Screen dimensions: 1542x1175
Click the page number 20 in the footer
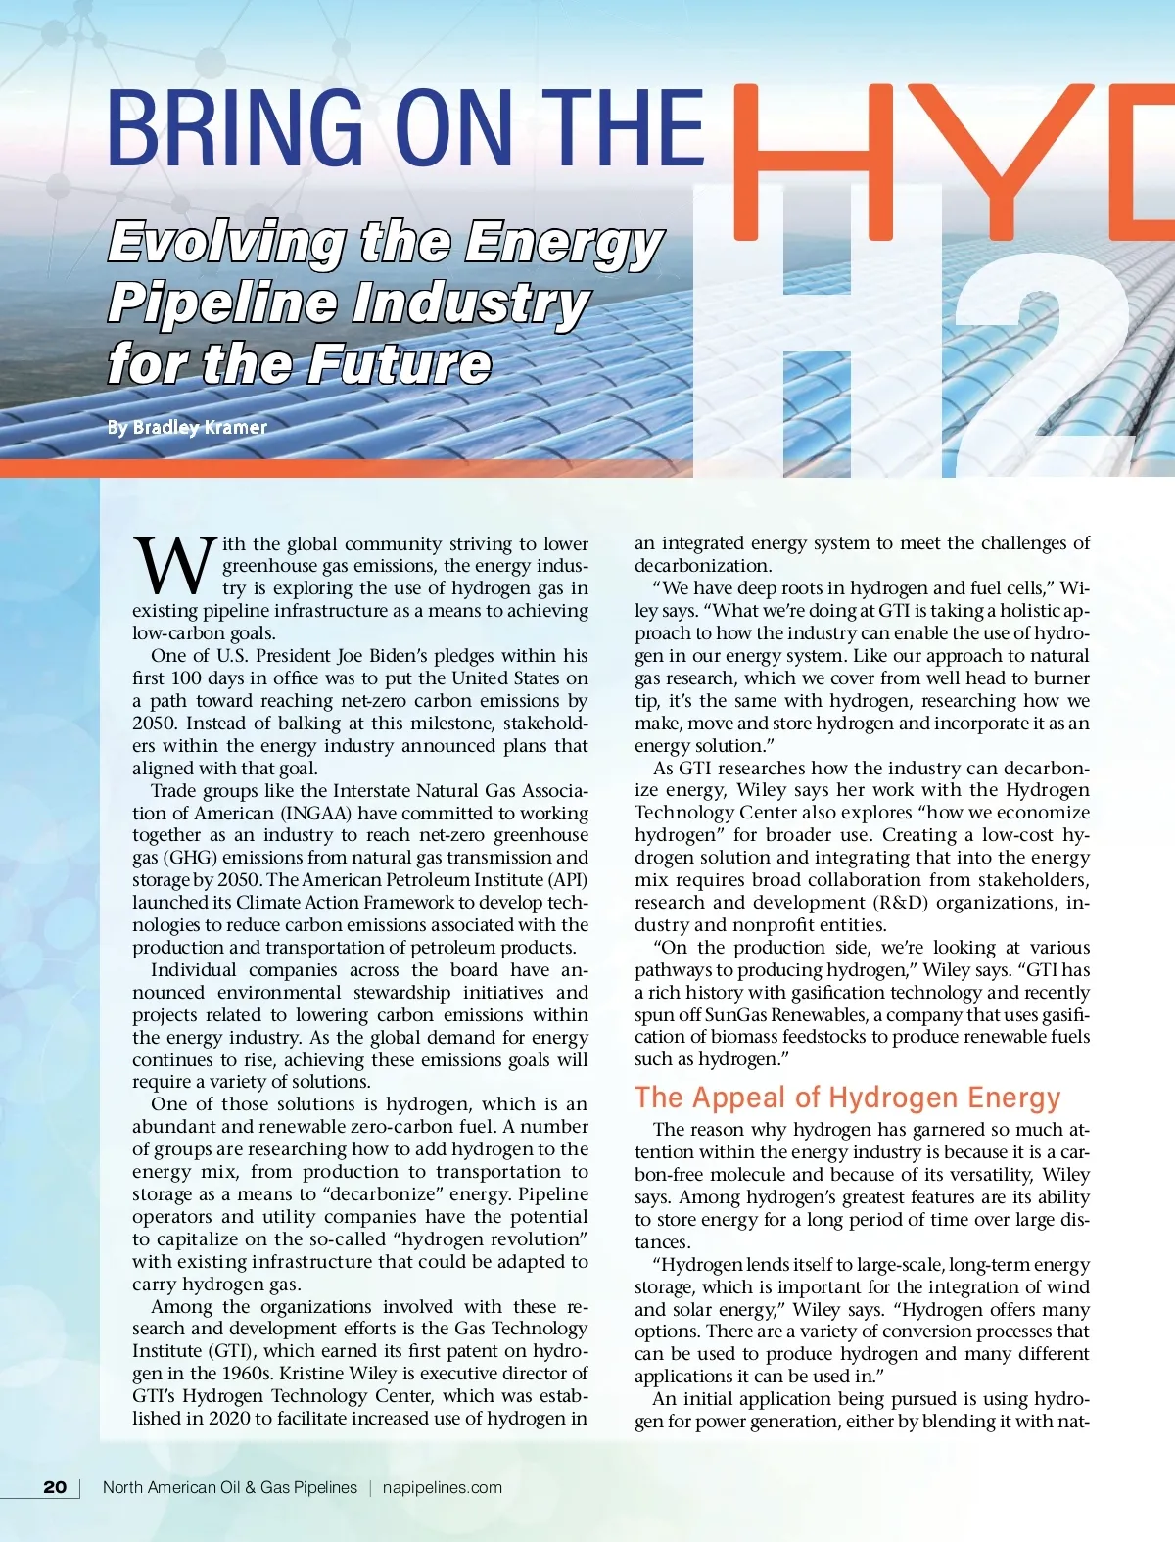click(x=55, y=1487)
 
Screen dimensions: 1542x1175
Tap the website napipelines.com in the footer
click(x=442, y=1487)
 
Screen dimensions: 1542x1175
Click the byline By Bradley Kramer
click(x=187, y=427)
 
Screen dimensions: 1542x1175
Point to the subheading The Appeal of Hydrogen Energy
click(x=847, y=1097)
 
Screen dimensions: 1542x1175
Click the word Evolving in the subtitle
click(x=226, y=243)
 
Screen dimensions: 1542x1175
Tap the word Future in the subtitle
click(x=401, y=364)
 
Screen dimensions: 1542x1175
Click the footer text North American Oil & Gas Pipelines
click(x=230, y=1487)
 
